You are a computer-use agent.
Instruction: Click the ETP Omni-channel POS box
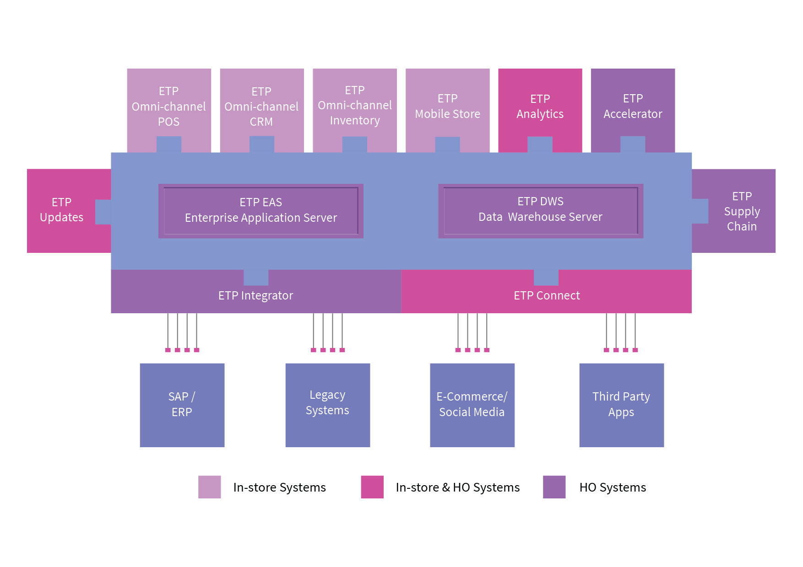[169, 107]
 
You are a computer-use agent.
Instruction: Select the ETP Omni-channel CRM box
[261, 107]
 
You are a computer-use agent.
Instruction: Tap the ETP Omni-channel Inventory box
[355, 106]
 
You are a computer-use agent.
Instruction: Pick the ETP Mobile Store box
[447, 107]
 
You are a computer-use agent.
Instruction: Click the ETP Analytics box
[540, 107]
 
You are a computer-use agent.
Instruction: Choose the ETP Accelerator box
[633, 107]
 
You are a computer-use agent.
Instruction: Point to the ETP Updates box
[62, 210]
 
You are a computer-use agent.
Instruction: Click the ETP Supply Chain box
[742, 211]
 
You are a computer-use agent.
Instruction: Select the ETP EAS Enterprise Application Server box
[261, 210]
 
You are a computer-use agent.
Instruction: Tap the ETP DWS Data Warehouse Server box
[540, 210]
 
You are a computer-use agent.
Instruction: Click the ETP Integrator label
[255, 296]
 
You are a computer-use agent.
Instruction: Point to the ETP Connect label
[547, 296]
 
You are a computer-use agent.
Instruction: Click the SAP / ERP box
[182, 405]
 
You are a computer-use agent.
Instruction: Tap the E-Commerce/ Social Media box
[472, 405]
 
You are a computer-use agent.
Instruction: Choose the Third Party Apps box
[621, 405]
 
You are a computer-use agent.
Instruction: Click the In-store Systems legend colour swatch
[210, 487]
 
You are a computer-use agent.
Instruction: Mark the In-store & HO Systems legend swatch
[372, 487]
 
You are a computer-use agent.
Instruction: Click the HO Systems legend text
[613, 487]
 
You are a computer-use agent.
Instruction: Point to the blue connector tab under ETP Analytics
[540, 144]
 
